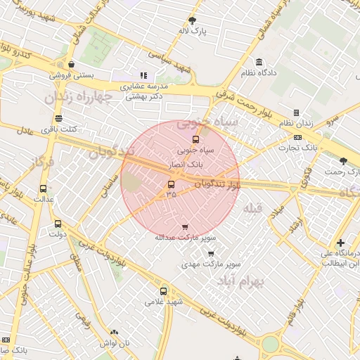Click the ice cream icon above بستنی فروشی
click(71, 65)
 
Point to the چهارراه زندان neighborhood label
click(74, 97)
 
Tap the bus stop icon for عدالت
click(44, 188)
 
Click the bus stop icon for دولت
click(58, 224)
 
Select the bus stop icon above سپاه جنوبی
click(195, 139)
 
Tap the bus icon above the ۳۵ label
click(171, 185)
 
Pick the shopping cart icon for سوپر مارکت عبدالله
click(185, 227)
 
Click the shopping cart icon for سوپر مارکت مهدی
click(211, 254)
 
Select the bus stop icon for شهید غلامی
click(164, 291)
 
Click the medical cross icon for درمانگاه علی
click(340, 243)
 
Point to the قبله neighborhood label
click(252, 209)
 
